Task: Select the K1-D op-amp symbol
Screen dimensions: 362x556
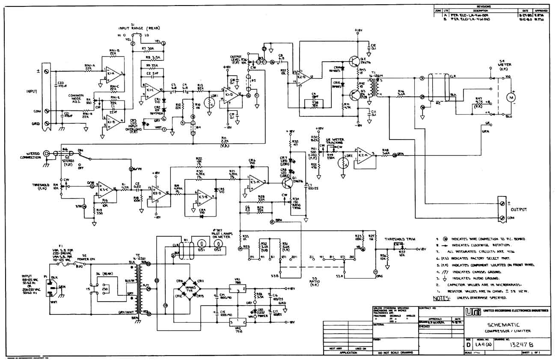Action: pyautogui.click(x=232, y=95)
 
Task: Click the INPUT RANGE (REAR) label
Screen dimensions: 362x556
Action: pyautogui.click(x=136, y=28)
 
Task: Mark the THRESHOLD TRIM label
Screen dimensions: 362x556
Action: pyautogui.click(x=398, y=239)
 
